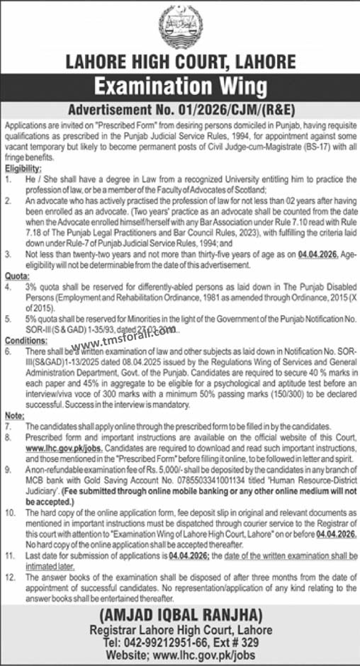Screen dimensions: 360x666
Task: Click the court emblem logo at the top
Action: point(180,25)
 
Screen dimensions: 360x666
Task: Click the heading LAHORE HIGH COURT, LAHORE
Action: point(180,62)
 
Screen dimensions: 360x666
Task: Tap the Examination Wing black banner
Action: point(180,89)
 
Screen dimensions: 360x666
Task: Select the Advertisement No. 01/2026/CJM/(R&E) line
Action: point(180,111)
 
